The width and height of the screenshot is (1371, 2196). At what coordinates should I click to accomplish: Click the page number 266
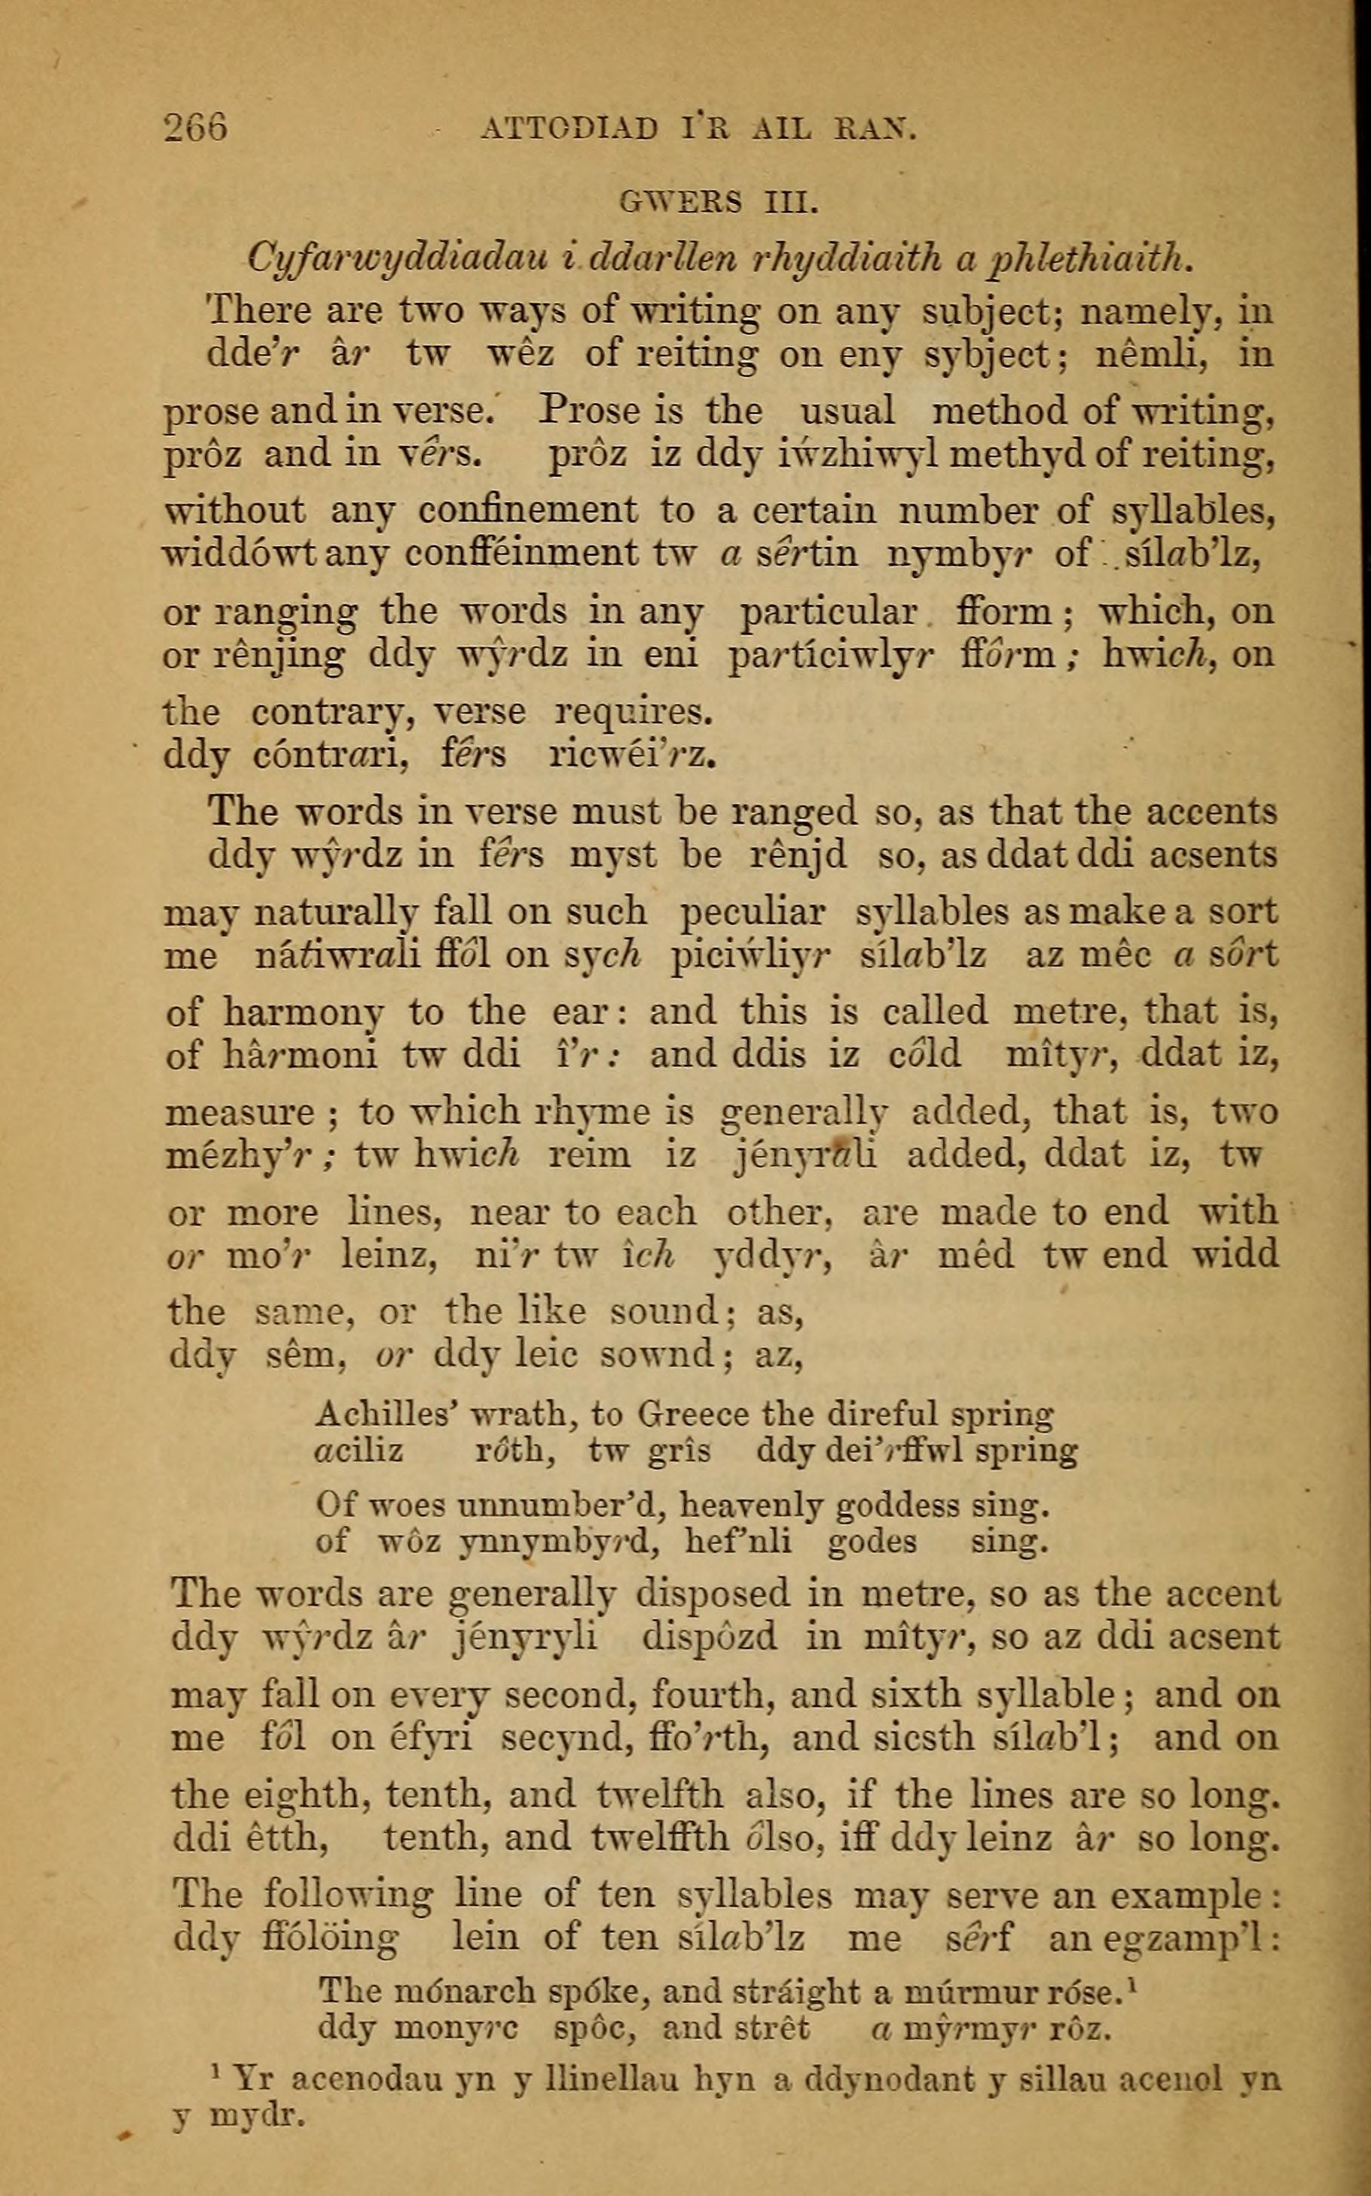tap(195, 127)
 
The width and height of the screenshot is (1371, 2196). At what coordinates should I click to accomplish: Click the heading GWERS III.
tap(719, 201)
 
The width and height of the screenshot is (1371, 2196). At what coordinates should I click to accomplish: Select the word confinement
tap(528, 512)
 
